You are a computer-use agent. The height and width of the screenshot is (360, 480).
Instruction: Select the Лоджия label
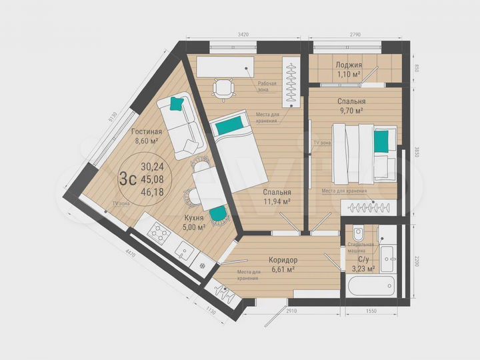point(348,65)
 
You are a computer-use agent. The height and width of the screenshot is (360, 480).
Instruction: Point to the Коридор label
point(283,260)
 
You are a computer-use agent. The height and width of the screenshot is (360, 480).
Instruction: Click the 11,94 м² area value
point(277,200)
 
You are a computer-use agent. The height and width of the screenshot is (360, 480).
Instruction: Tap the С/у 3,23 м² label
point(366,264)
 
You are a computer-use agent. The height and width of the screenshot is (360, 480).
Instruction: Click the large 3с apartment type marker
point(127,179)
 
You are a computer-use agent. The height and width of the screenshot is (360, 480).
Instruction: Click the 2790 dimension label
point(355,33)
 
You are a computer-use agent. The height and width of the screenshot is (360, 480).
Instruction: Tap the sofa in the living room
point(183,125)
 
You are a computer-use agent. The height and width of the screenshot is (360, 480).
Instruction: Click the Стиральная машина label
point(361,248)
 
